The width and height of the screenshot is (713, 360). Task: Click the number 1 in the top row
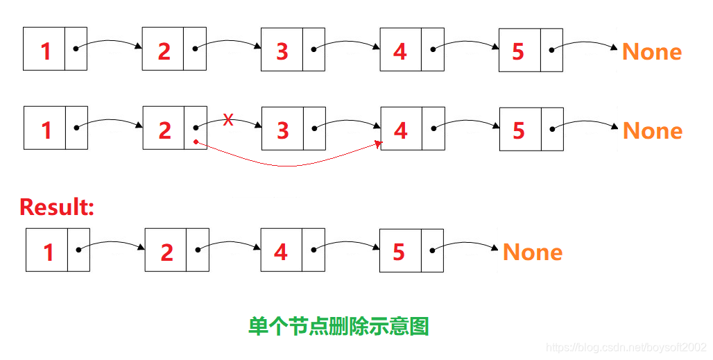tap(46, 51)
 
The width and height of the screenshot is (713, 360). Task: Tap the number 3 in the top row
tap(282, 51)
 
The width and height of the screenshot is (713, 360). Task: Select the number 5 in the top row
tap(518, 51)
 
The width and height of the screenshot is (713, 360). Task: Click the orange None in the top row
tap(651, 51)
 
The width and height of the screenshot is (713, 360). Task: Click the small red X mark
tap(227, 120)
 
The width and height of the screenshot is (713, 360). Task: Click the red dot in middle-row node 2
tap(196, 142)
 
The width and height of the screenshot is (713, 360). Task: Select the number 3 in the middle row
tap(282, 130)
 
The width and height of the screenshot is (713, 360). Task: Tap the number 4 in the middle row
tap(400, 130)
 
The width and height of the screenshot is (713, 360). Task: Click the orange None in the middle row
tap(652, 130)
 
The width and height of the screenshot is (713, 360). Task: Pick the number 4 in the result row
tap(280, 252)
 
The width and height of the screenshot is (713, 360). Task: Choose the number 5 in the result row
tap(399, 252)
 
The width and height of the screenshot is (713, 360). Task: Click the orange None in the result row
tap(532, 252)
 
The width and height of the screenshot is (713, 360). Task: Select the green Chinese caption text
tap(338, 325)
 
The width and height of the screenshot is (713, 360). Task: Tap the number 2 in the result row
tap(166, 252)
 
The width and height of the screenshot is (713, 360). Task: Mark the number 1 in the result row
tap(48, 252)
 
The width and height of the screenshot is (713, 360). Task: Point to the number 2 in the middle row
tap(164, 130)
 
